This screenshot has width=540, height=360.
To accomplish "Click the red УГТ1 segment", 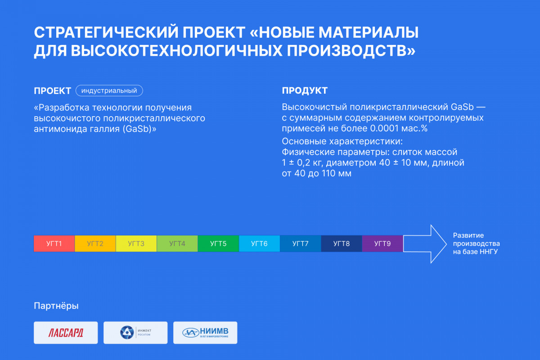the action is click(54, 243).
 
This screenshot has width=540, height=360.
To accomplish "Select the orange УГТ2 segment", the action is click(95, 243).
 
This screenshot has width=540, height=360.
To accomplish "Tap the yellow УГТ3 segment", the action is click(136, 243).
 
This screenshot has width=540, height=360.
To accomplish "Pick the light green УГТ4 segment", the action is click(177, 243).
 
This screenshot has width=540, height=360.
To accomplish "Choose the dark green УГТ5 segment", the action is click(218, 243).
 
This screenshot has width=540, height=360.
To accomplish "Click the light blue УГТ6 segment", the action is click(259, 243).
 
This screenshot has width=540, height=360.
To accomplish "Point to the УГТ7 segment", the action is click(301, 243).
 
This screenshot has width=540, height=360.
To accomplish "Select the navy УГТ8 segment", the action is click(342, 243).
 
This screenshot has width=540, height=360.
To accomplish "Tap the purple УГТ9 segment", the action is click(382, 243).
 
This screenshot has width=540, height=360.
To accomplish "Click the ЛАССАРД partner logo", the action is click(66, 333).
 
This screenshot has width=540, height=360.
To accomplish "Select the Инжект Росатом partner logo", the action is click(135, 333).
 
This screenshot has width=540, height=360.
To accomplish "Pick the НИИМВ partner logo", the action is click(205, 333).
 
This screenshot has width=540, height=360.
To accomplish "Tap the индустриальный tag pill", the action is click(109, 90).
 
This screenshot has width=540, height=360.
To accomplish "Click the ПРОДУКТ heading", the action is click(305, 90).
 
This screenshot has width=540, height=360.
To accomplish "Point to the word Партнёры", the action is click(56, 306).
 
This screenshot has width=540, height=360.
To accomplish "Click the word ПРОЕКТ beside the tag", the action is click(52, 91).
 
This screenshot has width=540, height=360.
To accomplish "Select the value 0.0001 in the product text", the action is click(384, 128).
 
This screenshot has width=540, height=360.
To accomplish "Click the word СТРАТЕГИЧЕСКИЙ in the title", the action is click(106, 32).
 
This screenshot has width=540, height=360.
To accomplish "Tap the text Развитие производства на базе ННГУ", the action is click(477, 243).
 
